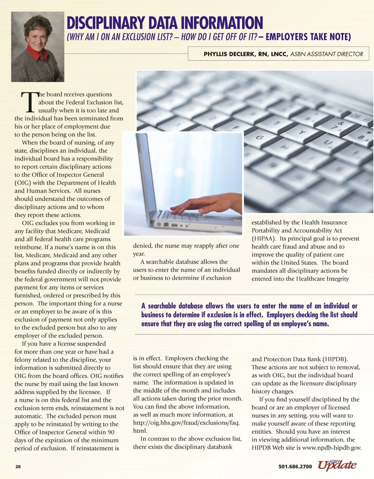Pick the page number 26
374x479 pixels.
click(x=18, y=466)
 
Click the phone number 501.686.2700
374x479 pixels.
click(x=295, y=466)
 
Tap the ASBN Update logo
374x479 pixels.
click(x=337, y=465)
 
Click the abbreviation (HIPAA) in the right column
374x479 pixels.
click(x=263, y=238)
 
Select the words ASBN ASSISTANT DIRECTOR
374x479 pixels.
click(x=330, y=54)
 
